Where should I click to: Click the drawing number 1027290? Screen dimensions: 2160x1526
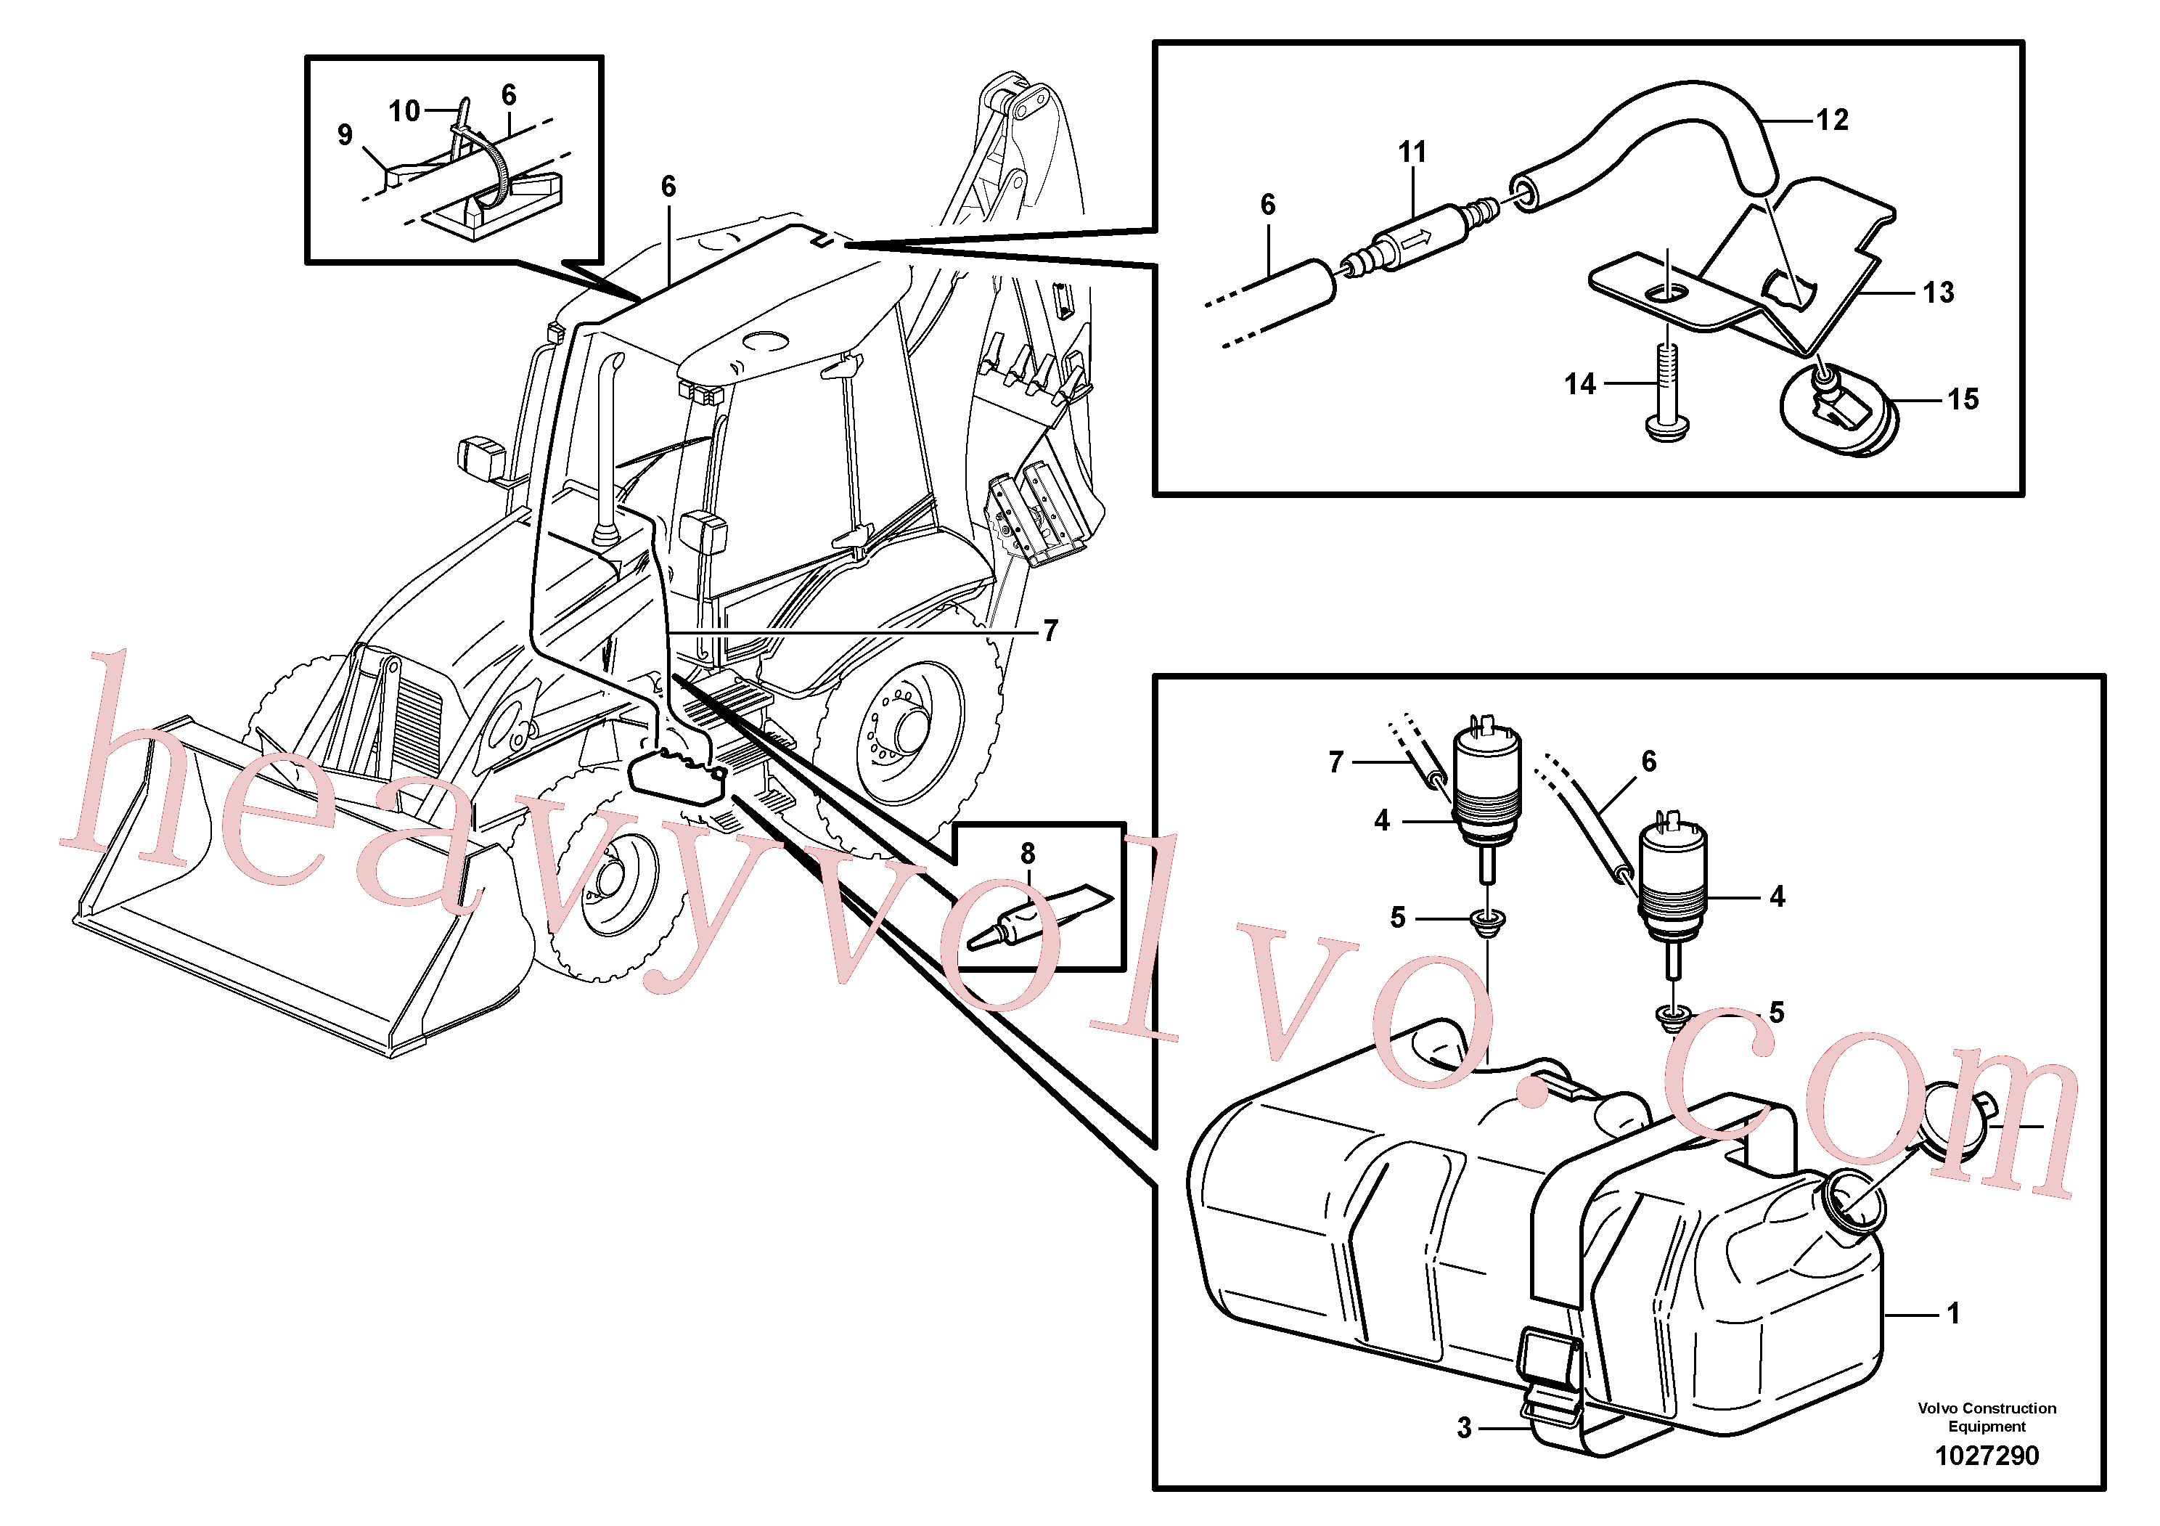coord(1986,1456)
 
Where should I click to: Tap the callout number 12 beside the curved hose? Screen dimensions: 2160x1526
coord(1832,120)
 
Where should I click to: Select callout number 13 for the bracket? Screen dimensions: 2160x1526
coord(1938,293)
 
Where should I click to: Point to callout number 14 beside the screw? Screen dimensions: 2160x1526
coord(1581,384)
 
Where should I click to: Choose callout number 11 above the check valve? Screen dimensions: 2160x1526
coord(1412,152)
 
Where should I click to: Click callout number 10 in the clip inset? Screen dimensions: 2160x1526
coord(404,111)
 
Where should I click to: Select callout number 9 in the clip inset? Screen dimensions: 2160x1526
coord(345,134)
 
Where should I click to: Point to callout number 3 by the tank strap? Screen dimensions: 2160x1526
coord(1464,1427)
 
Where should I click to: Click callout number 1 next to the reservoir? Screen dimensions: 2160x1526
coord(1953,1313)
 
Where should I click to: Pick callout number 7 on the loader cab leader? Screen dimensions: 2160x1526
coord(1051,630)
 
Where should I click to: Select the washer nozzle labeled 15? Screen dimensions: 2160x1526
coord(1839,409)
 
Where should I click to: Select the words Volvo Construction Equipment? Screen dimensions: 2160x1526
coord(1987,1417)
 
